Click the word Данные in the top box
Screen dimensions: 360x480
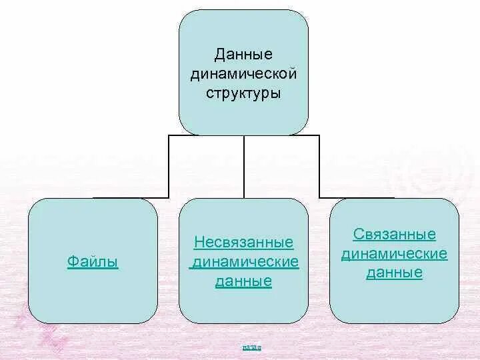click(243, 53)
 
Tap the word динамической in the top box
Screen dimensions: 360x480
click(243, 73)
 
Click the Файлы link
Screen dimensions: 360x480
click(93, 262)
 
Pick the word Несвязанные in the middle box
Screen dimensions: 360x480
click(243, 241)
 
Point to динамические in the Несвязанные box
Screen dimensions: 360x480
click(245, 261)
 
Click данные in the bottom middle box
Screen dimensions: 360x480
click(243, 281)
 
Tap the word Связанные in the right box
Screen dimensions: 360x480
click(394, 234)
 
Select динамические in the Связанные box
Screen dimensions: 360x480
click(394, 254)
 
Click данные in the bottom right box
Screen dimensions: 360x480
click(394, 273)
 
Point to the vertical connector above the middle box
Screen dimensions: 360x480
click(244, 167)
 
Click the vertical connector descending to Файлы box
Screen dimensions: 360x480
click(169, 167)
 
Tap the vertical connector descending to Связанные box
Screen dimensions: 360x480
click(319, 167)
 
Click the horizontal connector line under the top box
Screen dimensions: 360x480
click(207, 136)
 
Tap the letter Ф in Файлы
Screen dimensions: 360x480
click(71, 262)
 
